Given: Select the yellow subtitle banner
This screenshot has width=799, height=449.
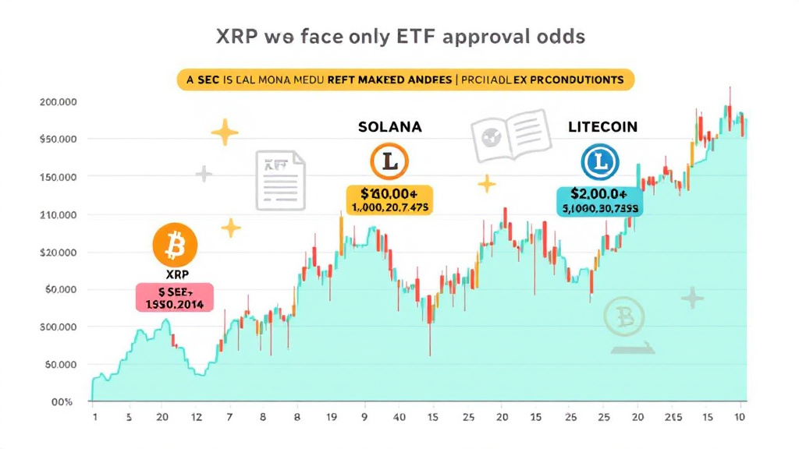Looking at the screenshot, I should click(x=405, y=80).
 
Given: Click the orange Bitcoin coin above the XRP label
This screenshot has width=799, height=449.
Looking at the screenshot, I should click(x=176, y=246).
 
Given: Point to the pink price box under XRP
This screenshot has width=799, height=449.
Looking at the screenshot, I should click(x=175, y=297).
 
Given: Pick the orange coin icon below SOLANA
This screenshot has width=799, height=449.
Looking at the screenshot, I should click(x=388, y=162).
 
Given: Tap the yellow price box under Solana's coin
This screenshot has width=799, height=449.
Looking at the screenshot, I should click(x=389, y=200).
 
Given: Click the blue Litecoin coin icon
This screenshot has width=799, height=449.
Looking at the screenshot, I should click(x=600, y=162).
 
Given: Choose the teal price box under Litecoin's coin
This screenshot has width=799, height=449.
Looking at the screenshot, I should click(x=600, y=200).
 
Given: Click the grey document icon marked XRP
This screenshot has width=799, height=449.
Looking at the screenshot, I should click(x=280, y=180).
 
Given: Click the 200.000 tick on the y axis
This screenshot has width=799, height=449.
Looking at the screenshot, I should click(x=58, y=102).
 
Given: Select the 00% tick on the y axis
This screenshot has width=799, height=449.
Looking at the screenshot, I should click(x=62, y=402).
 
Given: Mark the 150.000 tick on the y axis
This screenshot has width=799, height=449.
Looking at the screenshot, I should click(x=58, y=177).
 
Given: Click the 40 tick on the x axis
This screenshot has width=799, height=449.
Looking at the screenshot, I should click(x=399, y=418).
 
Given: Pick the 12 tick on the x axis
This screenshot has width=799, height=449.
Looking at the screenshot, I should click(x=196, y=418).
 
